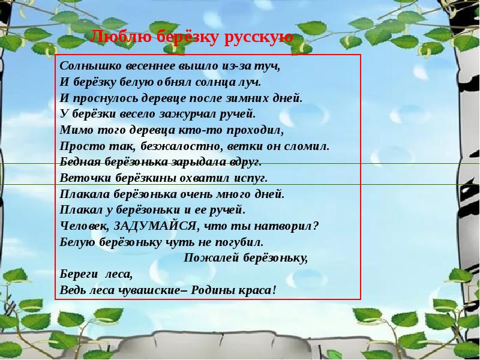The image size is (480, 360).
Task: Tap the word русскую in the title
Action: pyautogui.click(x=259, y=38)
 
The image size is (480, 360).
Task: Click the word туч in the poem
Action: pyautogui.click(x=270, y=67)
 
